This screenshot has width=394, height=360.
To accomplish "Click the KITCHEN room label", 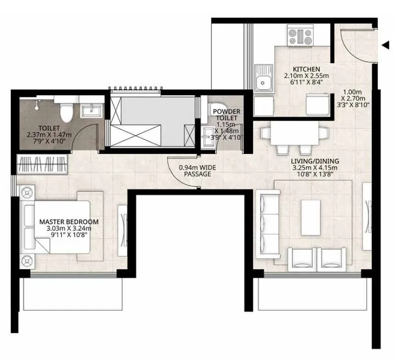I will [x=306, y=69].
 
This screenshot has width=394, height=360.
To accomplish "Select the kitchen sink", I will [x=264, y=79].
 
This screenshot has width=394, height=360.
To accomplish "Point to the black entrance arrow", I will [x=385, y=45].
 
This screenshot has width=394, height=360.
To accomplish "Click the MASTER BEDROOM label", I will [x=69, y=222].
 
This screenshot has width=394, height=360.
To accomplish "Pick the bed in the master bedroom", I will [x=57, y=226].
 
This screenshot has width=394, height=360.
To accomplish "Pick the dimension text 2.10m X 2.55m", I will [x=306, y=76].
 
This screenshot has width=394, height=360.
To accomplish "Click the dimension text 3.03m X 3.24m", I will [x=69, y=229].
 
